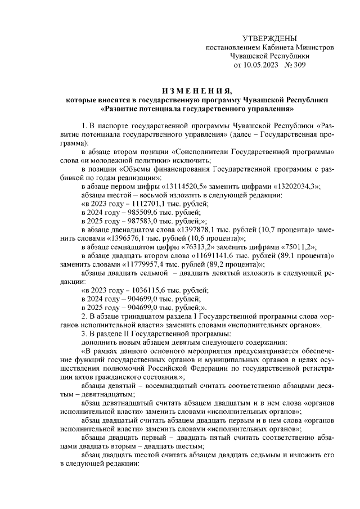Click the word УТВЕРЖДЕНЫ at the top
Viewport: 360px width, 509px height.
pos(268,38)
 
